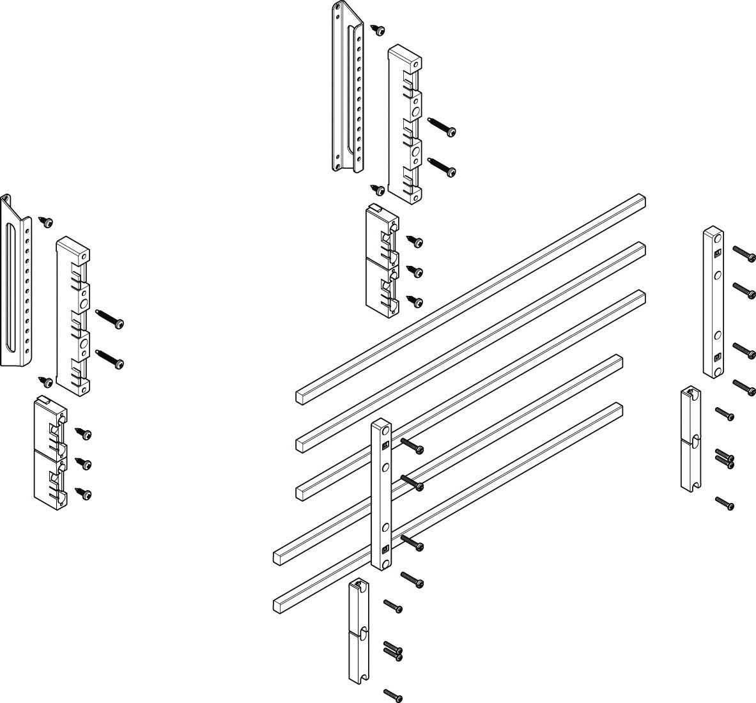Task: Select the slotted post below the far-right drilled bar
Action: tap(691, 438)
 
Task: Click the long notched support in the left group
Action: tap(72, 313)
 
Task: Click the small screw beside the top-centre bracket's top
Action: tap(380, 29)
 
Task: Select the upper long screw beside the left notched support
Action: tap(110, 319)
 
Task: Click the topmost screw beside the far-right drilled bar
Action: tap(744, 254)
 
